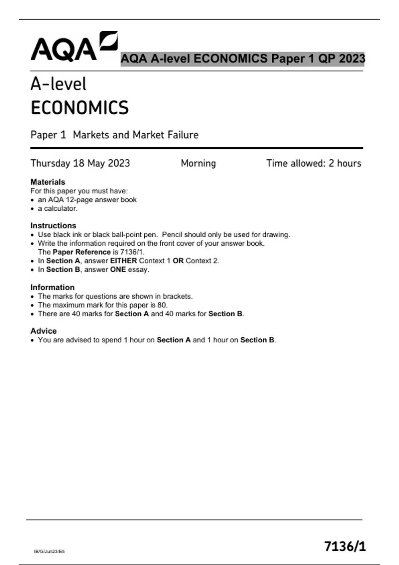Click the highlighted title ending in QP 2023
click(242, 59)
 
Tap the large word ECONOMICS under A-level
click(79, 108)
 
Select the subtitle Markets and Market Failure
click(135, 135)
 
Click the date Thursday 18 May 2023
click(80, 163)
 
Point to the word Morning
click(198, 163)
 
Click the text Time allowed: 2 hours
click(314, 163)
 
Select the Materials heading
click(48, 182)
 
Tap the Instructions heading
click(53, 226)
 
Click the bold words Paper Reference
click(81, 252)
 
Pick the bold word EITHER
click(123, 261)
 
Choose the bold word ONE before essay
click(118, 270)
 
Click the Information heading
click(52, 287)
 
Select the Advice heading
click(44, 331)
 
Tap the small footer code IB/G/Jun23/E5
click(49, 551)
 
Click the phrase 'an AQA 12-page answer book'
click(87, 200)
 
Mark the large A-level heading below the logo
click(59, 84)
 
